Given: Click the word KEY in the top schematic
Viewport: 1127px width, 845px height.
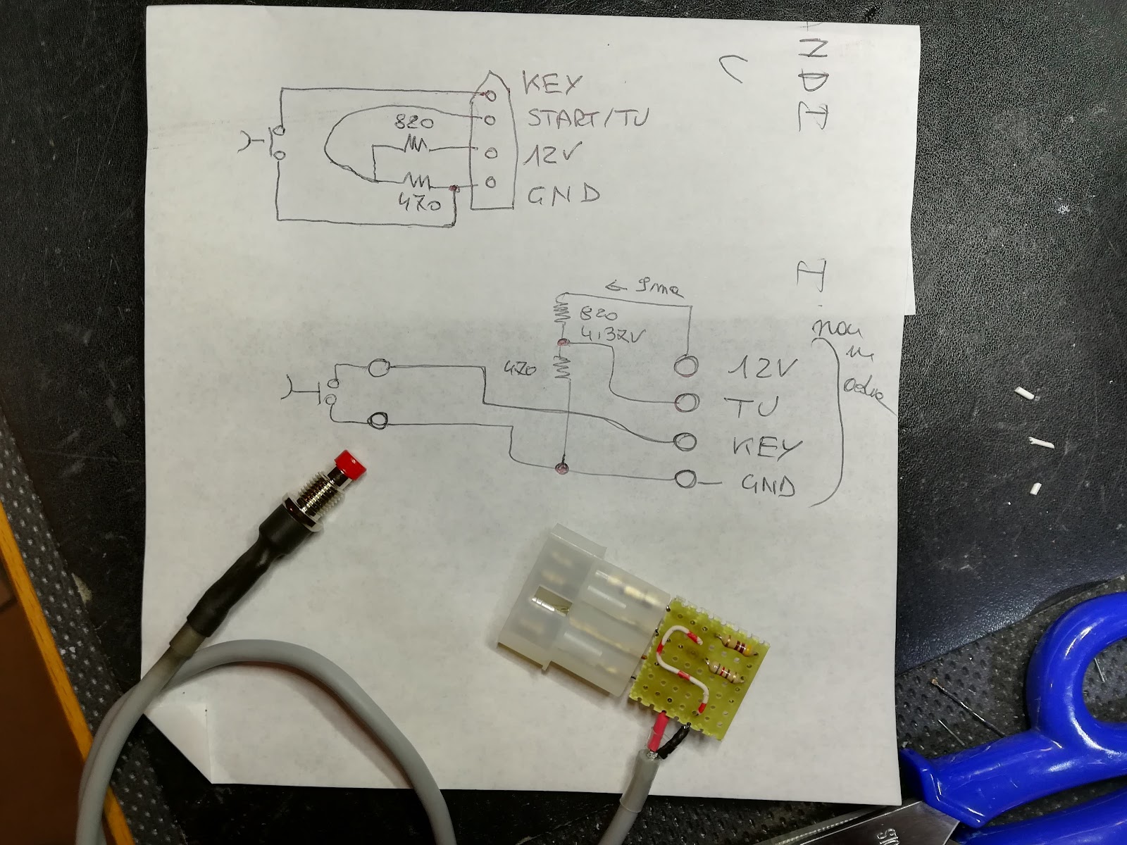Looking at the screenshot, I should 552,84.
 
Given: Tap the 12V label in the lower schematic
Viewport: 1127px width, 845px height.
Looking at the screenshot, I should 765,367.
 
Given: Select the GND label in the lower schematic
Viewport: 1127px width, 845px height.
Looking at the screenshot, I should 770,485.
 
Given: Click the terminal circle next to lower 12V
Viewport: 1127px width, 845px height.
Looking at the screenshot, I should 685,365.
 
